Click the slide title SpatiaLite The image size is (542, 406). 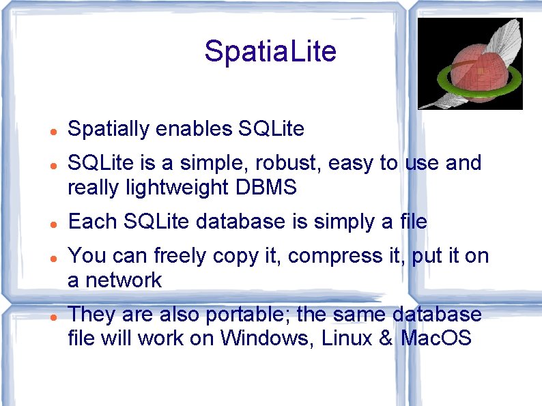click(270, 52)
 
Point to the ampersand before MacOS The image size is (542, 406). click(385, 338)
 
